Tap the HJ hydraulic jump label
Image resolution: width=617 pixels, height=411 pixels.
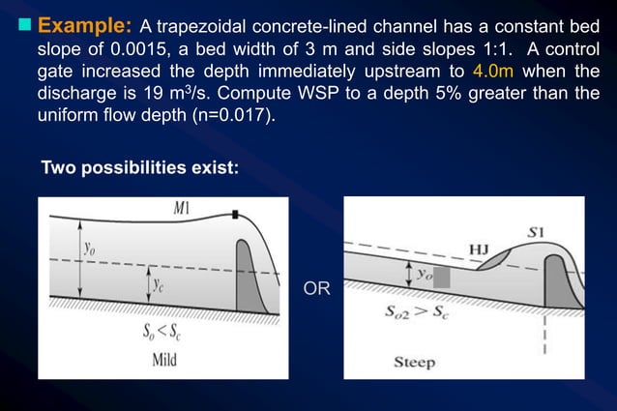tap(477, 250)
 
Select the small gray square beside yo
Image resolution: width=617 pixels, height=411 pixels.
tap(441, 278)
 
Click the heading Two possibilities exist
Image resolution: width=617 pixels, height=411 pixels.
tap(138, 167)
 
